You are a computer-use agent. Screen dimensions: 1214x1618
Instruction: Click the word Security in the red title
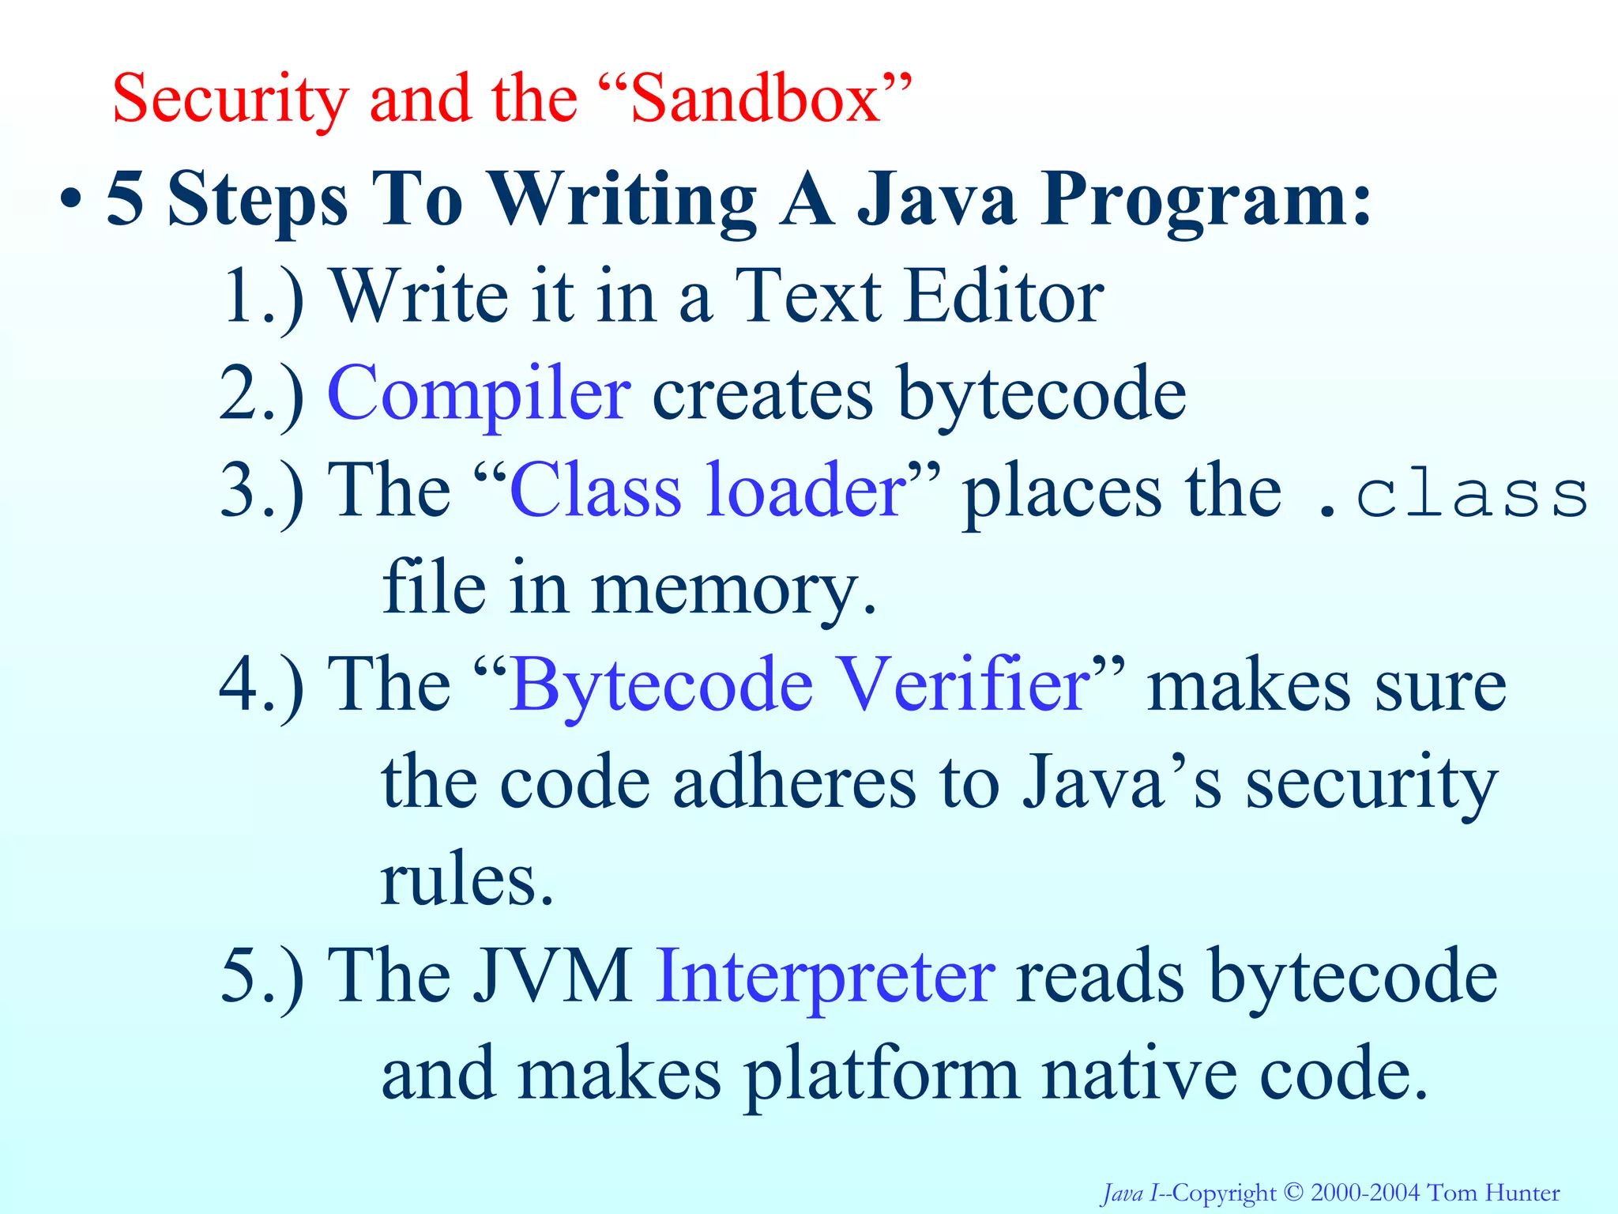pyautogui.click(x=230, y=100)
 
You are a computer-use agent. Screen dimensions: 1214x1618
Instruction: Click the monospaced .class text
pyautogui.click(x=1452, y=496)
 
